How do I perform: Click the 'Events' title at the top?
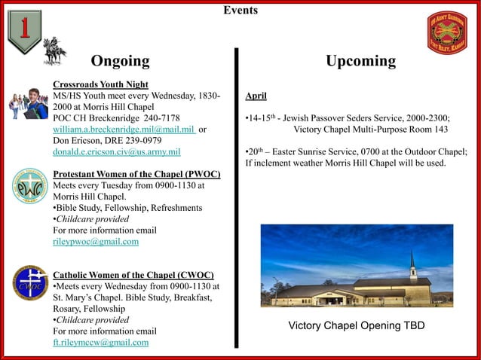point(240,11)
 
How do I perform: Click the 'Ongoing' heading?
point(120,61)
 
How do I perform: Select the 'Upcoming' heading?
point(360,61)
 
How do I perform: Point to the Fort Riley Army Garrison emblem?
point(447,32)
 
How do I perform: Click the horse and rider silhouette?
point(54,50)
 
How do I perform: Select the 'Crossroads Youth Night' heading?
point(100,84)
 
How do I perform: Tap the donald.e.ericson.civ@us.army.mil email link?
point(116,152)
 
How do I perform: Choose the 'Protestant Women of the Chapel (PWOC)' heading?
point(136,175)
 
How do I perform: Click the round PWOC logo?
point(29,186)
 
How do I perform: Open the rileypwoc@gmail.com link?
point(95,242)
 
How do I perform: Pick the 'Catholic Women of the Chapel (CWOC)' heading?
point(133,275)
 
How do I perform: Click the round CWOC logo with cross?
point(29,283)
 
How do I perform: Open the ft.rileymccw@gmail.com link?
point(100,343)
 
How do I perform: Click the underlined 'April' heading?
point(256,96)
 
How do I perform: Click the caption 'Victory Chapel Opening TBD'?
point(356,326)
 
